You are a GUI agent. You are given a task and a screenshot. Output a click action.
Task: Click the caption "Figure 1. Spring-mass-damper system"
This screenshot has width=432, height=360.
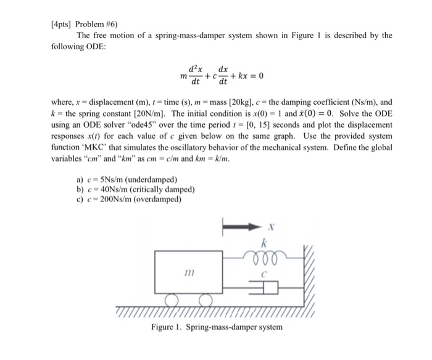point(217,327)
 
